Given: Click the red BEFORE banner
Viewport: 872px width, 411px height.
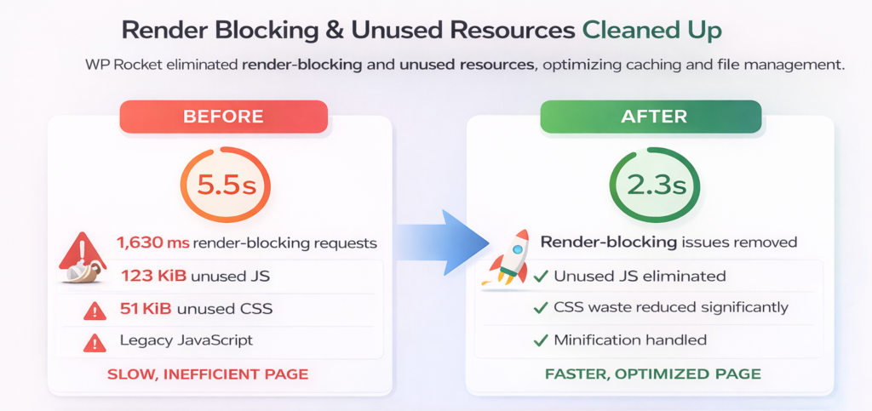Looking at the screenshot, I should (223, 117).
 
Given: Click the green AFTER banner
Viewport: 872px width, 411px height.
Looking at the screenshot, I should (651, 117).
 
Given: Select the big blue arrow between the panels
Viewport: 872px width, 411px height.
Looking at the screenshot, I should (434, 248).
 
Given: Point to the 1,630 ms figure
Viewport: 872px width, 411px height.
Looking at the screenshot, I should (153, 243).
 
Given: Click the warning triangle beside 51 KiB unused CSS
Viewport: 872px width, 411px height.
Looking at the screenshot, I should (95, 311).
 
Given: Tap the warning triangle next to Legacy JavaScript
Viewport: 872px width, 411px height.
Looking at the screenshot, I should (95, 342).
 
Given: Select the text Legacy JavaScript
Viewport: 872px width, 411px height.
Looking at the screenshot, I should (186, 340).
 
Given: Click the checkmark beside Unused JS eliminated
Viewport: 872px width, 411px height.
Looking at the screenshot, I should (540, 277).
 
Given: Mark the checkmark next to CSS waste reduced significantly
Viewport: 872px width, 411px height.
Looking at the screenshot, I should (540, 308).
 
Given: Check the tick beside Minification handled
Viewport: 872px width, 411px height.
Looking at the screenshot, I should (540, 340).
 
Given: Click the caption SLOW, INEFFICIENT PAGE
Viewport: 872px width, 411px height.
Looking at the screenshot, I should (208, 374).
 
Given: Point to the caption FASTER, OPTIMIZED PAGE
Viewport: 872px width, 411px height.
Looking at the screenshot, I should (653, 374).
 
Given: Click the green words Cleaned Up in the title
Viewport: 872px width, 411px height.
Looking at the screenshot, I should (651, 31).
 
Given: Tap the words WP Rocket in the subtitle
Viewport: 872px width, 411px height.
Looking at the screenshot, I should (119, 66).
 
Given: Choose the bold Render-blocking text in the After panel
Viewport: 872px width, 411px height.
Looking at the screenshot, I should (608, 243).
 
